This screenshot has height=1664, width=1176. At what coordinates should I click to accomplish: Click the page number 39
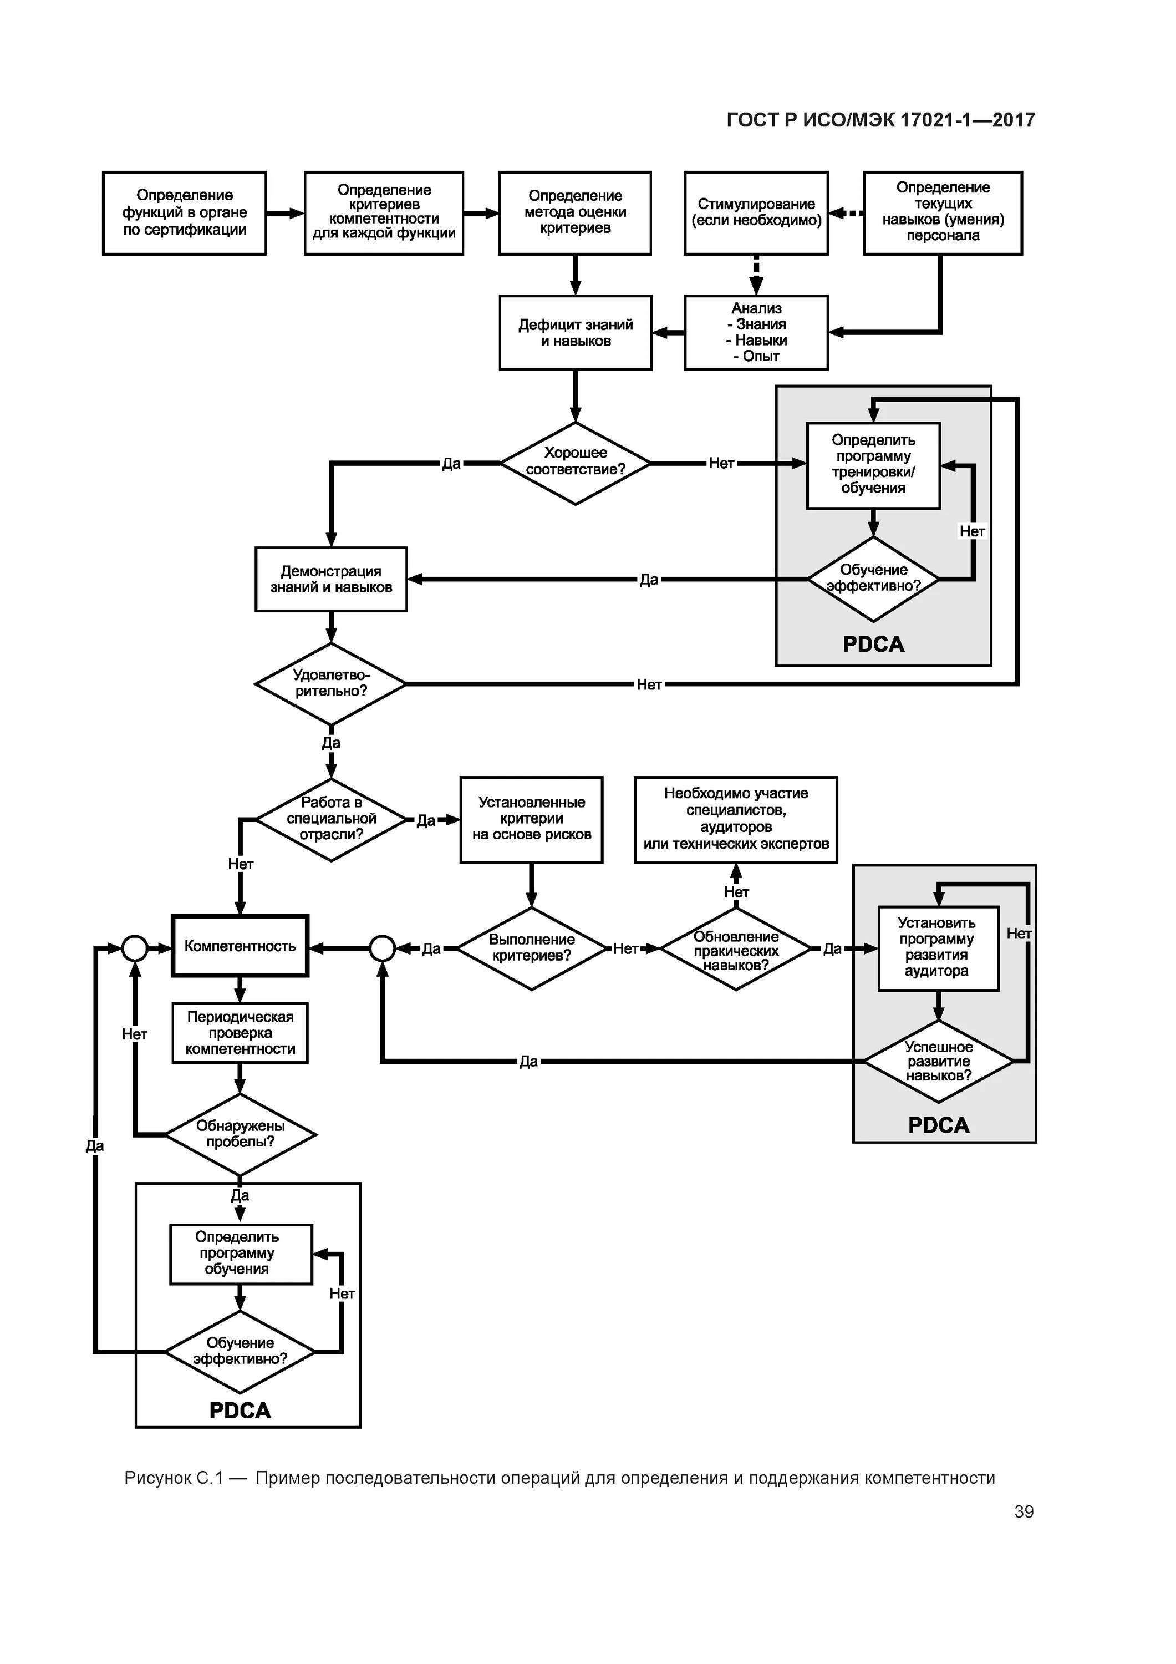[1023, 1511]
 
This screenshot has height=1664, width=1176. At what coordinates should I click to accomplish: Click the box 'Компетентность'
[240, 946]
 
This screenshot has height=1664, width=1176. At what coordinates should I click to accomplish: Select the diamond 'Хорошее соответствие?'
[576, 463]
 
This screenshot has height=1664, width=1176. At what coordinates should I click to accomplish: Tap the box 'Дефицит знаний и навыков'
[576, 333]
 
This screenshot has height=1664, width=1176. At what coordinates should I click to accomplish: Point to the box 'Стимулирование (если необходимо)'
[756, 213]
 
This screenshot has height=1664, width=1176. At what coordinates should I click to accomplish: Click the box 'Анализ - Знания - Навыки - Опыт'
[756, 333]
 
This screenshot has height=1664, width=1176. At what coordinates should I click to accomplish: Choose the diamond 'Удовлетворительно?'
[330, 683]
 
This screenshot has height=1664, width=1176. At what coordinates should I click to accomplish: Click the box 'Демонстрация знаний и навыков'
[330, 579]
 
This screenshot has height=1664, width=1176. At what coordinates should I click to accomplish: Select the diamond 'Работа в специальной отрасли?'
[331, 819]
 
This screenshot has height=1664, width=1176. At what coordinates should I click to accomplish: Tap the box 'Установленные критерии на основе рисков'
[531, 819]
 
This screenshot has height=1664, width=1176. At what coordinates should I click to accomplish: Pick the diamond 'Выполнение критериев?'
[531, 948]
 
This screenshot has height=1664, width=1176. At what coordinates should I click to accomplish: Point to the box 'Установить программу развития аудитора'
[938, 948]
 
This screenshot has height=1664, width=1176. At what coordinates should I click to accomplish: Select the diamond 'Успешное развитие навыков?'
[938, 1061]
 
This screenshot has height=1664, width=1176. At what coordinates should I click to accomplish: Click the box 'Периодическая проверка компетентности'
[240, 1033]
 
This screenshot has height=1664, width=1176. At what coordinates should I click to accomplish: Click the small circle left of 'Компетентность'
[135, 948]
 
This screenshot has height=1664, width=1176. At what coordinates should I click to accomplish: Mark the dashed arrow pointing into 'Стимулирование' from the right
[846, 213]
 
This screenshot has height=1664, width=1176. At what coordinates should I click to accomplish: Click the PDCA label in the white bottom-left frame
[240, 1409]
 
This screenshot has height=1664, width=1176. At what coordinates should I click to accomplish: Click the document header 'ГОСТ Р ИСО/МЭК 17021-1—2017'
[880, 120]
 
